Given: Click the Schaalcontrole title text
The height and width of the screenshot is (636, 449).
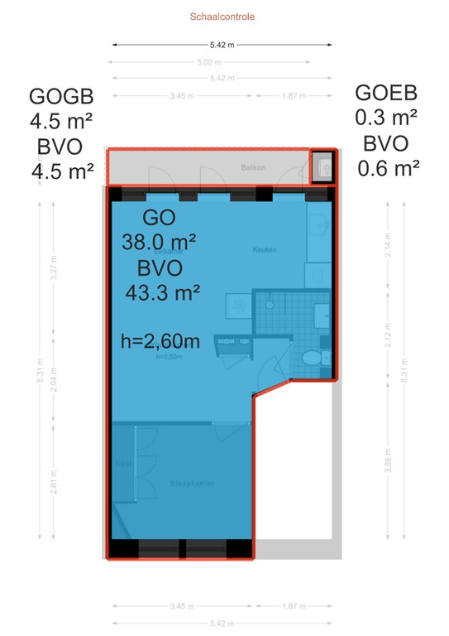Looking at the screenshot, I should (222, 16).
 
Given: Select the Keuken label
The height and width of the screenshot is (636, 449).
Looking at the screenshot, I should (265, 249).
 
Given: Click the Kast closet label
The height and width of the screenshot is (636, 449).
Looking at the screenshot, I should (123, 462).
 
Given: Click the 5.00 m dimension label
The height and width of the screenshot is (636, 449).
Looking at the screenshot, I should (208, 62).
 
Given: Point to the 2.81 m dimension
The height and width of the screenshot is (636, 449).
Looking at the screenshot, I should (54, 483).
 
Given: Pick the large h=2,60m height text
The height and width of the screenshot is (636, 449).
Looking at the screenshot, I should (160, 340).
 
